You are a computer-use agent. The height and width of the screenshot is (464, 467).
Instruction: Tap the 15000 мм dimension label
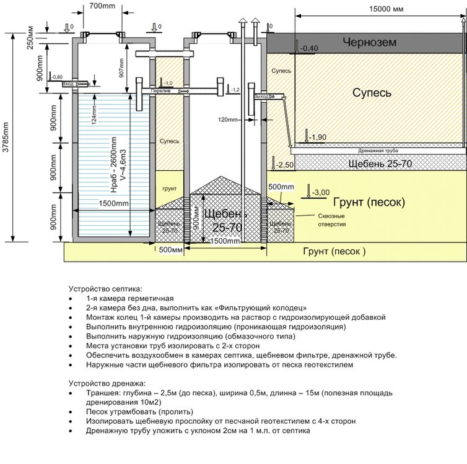385,9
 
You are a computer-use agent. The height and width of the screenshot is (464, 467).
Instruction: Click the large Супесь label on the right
372,92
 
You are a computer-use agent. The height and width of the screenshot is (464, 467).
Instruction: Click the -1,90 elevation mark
318,137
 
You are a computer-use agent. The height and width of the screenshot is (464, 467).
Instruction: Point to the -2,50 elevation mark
285,165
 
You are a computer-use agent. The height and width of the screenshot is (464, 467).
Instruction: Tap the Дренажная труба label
377,150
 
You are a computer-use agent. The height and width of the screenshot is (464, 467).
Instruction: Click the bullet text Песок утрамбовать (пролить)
140,411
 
